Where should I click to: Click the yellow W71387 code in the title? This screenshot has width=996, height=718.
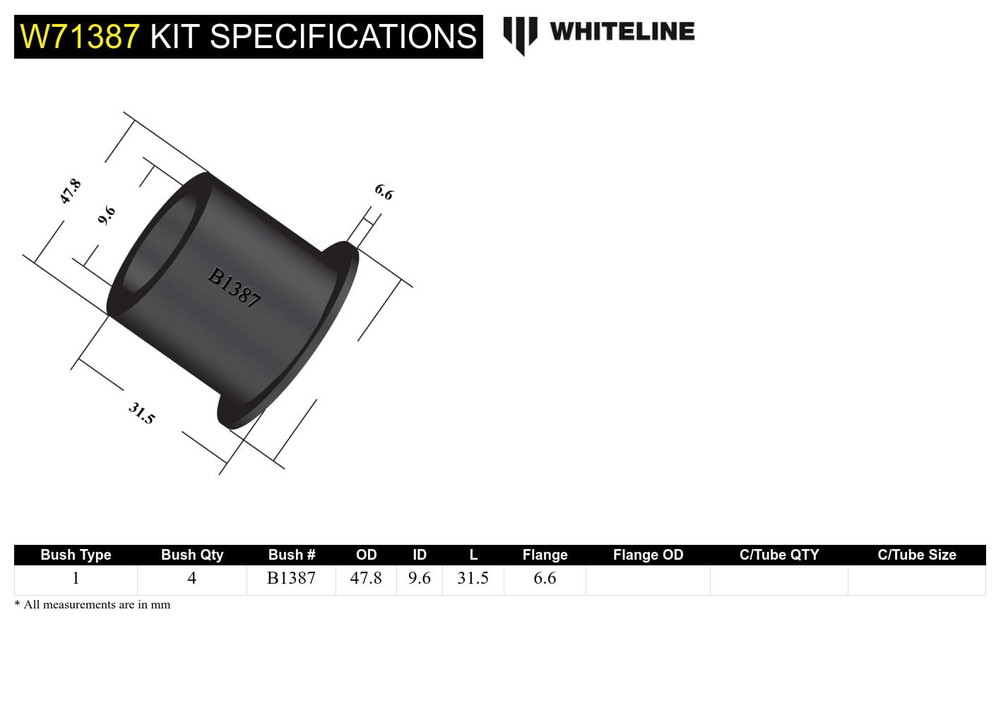pos(80,37)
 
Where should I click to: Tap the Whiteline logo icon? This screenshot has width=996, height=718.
pos(520,34)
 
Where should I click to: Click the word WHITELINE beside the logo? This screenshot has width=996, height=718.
pos(622,32)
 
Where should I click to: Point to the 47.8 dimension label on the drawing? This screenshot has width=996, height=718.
pos(70,192)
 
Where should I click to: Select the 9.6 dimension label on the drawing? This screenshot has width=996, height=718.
pos(106,215)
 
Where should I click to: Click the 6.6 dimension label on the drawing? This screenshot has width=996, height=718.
pos(384,192)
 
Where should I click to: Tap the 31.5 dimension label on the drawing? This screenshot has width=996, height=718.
pos(141,413)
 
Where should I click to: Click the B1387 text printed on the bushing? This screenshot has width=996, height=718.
pos(235,287)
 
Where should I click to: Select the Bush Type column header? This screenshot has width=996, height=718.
pos(76,555)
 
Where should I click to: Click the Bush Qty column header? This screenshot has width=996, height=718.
pos(192,555)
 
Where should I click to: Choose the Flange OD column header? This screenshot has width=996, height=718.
pos(648,555)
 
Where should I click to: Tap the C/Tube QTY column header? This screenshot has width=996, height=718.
pos(779,555)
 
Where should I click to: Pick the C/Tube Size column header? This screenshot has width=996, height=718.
pos(916,555)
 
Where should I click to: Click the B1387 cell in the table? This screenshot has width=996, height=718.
pos(291,578)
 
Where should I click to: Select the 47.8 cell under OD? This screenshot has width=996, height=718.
pos(366,578)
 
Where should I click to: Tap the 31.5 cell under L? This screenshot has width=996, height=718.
pos(473,578)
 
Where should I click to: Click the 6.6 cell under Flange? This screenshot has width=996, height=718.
pos(545,578)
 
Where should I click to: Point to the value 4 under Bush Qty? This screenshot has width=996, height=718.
pos(191,578)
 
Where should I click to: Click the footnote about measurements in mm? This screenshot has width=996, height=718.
pos(93,605)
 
